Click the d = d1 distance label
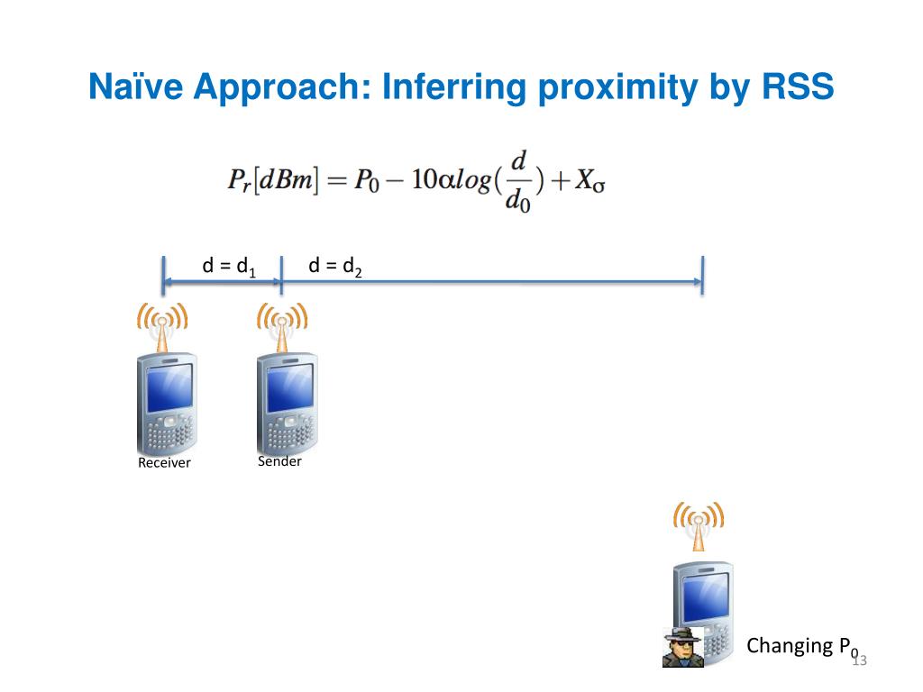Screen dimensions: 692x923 click(x=229, y=266)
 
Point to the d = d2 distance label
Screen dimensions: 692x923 click(x=334, y=266)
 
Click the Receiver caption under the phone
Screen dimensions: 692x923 click(x=164, y=463)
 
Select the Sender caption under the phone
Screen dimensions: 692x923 click(x=279, y=461)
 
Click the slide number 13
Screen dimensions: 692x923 click(x=858, y=661)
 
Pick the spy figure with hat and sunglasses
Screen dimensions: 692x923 click(x=683, y=646)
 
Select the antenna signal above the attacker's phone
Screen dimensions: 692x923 click(x=699, y=520)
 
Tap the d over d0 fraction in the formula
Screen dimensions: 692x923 click(x=518, y=181)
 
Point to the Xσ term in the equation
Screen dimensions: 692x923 click(x=593, y=182)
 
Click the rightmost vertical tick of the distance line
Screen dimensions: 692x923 click(x=702, y=275)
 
